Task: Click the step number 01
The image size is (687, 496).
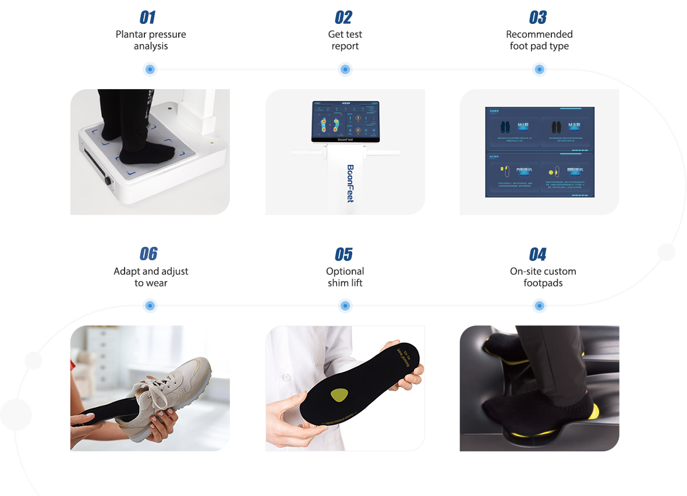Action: (148, 17)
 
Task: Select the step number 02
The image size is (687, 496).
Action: (343, 17)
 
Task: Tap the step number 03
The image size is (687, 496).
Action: (538, 17)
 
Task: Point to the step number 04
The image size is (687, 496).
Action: (538, 254)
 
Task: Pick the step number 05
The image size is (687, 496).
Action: (343, 254)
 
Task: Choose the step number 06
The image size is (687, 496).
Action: (148, 254)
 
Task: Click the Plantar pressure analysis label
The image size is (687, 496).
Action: (151, 40)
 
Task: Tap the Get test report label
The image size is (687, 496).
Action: (345, 40)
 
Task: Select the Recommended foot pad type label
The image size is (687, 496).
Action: (539, 40)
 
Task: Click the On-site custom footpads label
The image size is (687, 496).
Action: (543, 277)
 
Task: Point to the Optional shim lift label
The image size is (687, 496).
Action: (345, 277)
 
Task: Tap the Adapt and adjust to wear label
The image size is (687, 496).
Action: (151, 277)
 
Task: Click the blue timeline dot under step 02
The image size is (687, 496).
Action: (345, 69)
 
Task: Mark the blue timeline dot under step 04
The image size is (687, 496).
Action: (539, 306)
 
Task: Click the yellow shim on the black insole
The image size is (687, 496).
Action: (338, 395)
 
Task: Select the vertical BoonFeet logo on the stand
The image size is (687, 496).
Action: (350, 183)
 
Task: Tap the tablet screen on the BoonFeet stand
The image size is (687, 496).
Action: (345, 121)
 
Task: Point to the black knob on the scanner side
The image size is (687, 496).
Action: (108, 180)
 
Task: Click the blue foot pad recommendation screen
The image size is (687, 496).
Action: (540, 152)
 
